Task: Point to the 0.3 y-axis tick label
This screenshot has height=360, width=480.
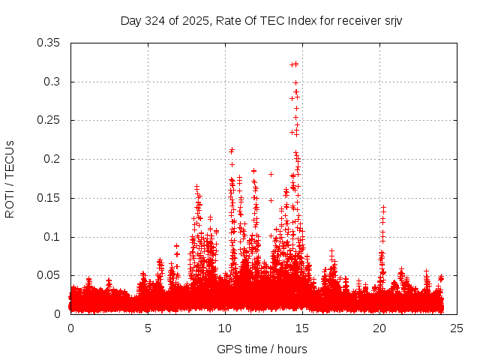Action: coord(55,82)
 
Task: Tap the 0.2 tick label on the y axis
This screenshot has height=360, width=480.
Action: coord(55,160)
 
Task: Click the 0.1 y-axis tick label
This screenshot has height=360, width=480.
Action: coord(55,237)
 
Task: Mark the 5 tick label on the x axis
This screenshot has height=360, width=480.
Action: coord(148,328)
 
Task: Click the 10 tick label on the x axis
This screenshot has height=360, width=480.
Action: coord(225,328)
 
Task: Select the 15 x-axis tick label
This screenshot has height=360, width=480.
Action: coord(302,328)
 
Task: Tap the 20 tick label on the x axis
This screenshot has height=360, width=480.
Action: coord(379,328)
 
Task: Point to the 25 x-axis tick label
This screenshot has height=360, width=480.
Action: coord(457,328)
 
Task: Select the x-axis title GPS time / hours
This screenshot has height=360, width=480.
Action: coord(262,349)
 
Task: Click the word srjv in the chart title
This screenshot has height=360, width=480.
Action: coord(393,20)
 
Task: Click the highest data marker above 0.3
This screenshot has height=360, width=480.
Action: coord(295,64)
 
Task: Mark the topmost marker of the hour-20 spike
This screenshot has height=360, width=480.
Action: coord(383,207)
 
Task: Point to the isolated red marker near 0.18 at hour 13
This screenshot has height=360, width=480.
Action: coord(271,174)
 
